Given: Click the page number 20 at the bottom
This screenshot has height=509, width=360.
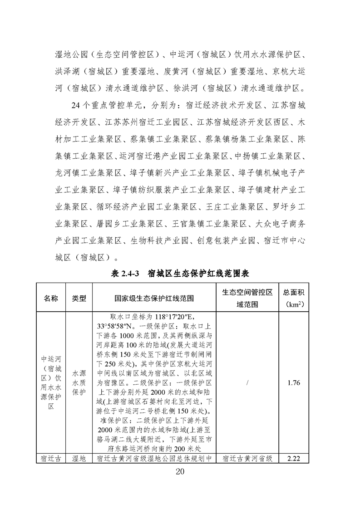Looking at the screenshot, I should pyautogui.click(x=180, y=472).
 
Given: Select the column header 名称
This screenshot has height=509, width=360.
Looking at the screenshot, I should pyautogui.click(x=51, y=298).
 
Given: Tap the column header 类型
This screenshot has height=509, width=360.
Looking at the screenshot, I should pyautogui.click(x=79, y=298).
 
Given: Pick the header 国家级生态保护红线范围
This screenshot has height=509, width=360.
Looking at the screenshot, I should pyautogui.click(x=154, y=298).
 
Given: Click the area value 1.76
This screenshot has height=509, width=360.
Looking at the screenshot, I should pyautogui.click(x=294, y=383).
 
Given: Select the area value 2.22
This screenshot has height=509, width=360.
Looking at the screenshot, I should pyautogui.click(x=294, y=459).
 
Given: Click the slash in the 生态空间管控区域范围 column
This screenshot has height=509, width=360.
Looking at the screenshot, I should pyautogui.click(x=247, y=383).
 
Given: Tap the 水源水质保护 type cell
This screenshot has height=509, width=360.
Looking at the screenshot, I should pyautogui.click(x=79, y=383).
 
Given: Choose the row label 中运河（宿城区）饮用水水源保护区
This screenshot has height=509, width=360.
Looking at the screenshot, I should pyautogui.click(x=51, y=383).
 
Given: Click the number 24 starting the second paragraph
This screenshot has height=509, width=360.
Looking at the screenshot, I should pyautogui.click(x=77, y=106).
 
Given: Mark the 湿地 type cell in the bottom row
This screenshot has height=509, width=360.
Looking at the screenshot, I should pyautogui.click(x=79, y=459).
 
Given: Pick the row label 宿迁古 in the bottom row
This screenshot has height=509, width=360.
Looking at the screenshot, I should pyautogui.click(x=51, y=459).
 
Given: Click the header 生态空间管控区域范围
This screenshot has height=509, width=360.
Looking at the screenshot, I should pyautogui.click(x=247, y=298).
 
